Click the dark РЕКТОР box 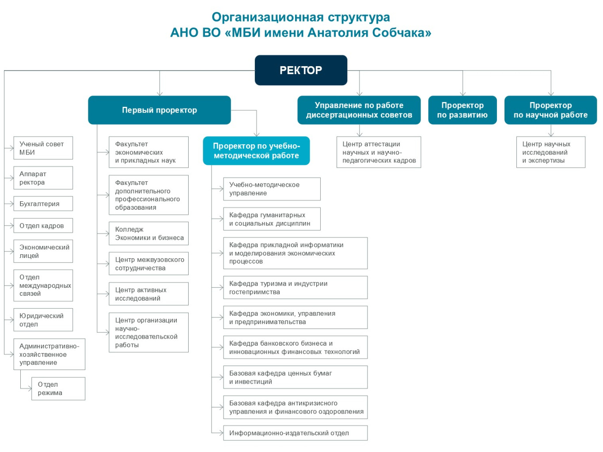301,70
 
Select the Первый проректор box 159,110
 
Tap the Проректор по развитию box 463,110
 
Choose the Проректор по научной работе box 550,110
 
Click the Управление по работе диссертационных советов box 359,110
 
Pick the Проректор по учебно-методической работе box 256,151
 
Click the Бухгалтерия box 43,203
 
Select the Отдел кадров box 43,226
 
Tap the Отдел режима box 58,388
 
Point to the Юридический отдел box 43,320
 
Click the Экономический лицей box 43,251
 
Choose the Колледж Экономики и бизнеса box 149,234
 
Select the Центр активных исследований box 149,294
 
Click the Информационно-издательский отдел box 295,433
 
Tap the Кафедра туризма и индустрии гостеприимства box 295,287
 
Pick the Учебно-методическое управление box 272,189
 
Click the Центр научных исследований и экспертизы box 550,152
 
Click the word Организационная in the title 262,17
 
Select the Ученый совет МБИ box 43,148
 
